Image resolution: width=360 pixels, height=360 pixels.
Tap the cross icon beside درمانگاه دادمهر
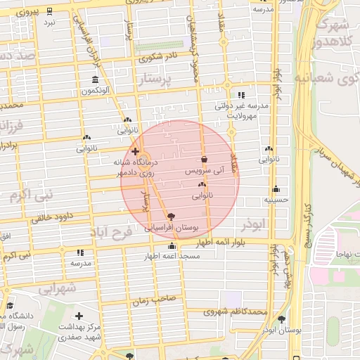(x=135, y=151)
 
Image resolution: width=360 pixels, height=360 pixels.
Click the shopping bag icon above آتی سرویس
(x=204, y=159)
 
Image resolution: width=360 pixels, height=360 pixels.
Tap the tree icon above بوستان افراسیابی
(x=172, y=217)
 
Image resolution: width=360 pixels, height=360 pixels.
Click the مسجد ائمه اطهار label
(x=173, y=256)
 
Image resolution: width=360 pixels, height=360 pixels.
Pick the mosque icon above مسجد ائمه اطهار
(x=172, y=245)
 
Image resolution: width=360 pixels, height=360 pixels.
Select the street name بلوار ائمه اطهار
(x=217, y=242)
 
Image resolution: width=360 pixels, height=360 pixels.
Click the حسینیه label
(x=276, y=200)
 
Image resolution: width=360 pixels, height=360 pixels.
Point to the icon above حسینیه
(x=276, y=188)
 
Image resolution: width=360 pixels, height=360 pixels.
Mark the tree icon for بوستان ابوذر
(x=282, y=319)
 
